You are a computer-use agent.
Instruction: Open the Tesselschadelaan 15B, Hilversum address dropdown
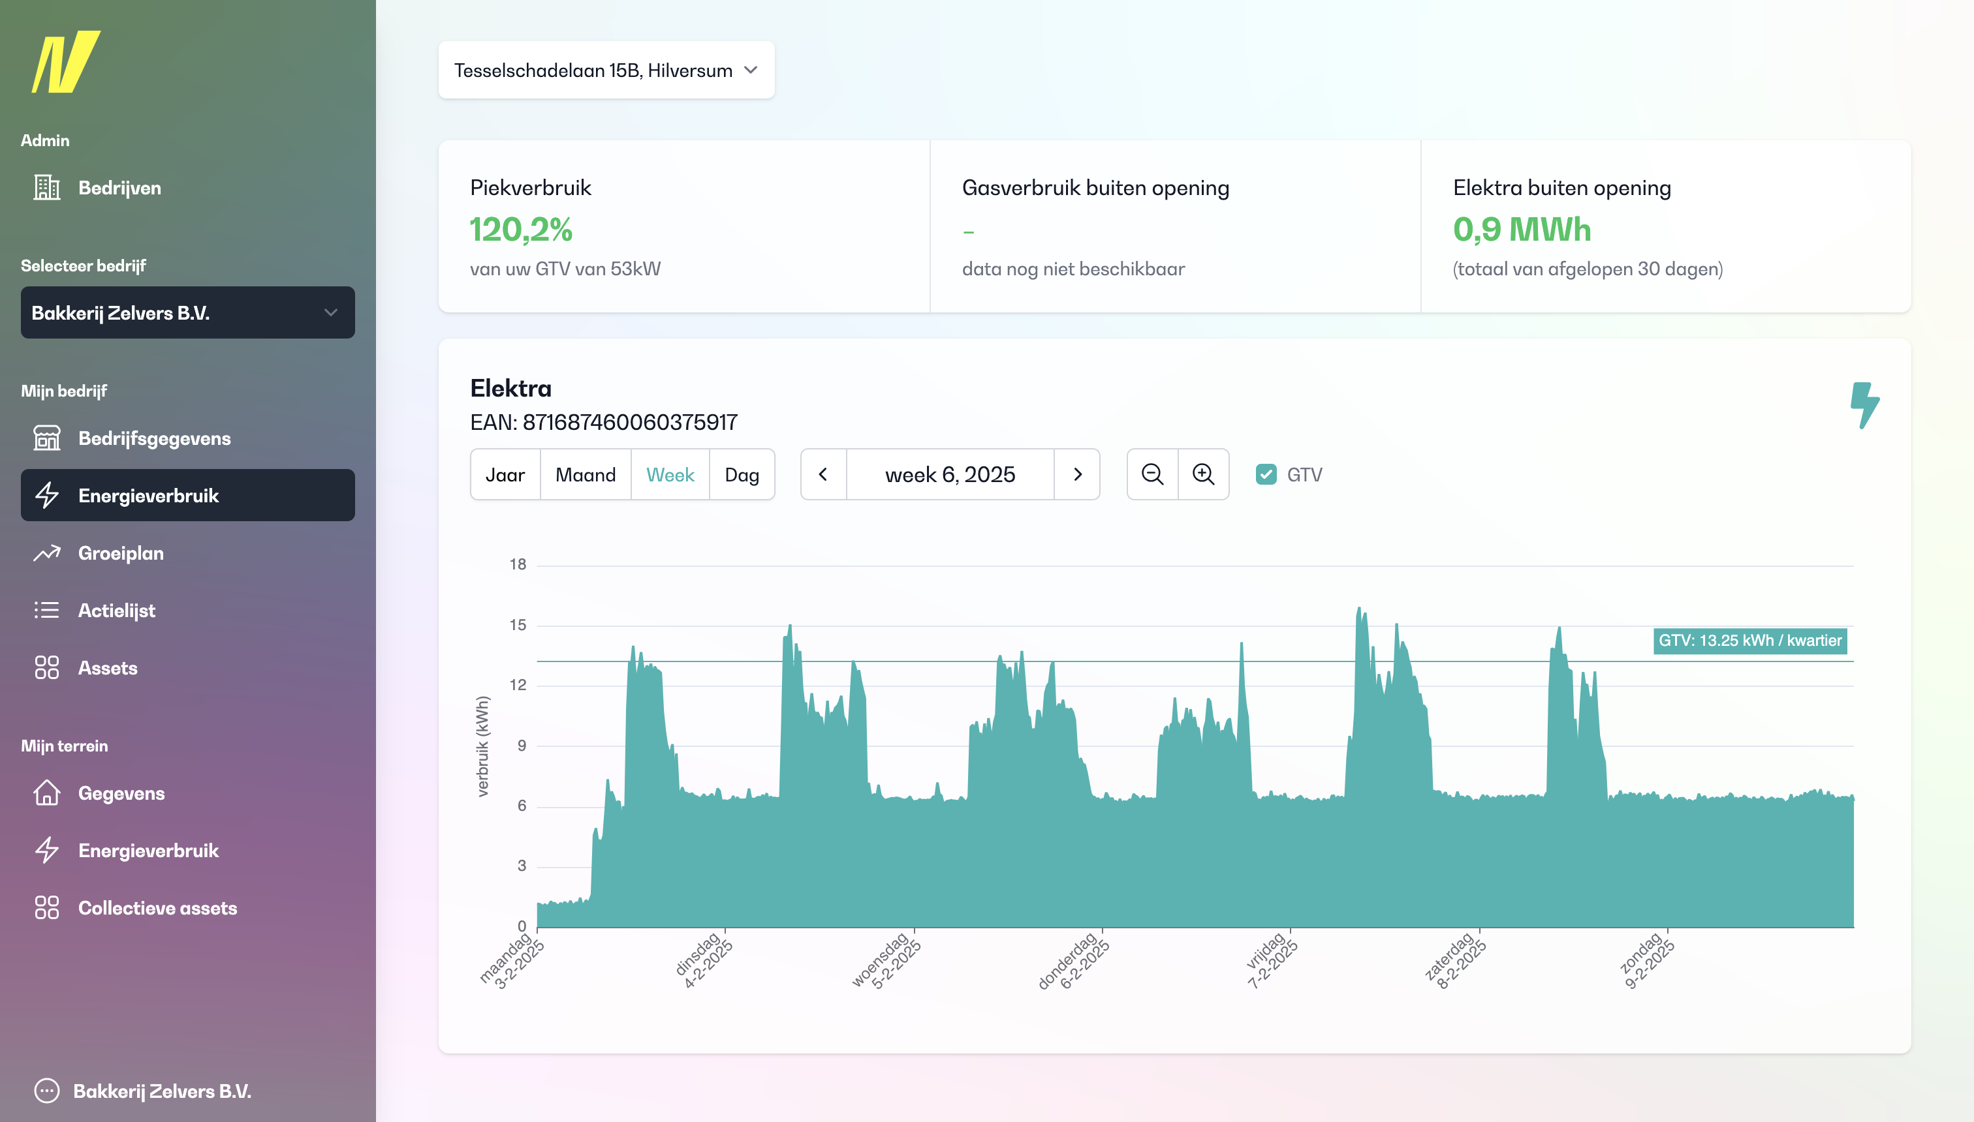[606, 70]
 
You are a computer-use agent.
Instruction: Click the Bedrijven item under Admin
[119, 188]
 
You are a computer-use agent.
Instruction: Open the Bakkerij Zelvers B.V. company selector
[187, 313]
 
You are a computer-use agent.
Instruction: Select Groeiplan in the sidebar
[120, 553]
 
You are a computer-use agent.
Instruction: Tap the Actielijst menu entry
[116, 611]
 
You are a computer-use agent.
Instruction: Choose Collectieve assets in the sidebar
[157, 908]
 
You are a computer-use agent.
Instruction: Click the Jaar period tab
[505, 475]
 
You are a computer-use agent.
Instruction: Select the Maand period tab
[586, 475]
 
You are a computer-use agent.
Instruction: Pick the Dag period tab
[741, 475]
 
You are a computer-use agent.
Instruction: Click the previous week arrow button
[822, 475]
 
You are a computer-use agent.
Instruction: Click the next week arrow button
[1077, 475]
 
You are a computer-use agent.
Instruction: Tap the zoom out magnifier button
[1152, 475]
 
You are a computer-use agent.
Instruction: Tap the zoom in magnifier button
[1203, 475]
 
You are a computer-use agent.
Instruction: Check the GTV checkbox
[1266, 475]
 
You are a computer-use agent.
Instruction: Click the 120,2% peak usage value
[522, 230]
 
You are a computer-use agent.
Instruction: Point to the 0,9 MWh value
[1522, 230]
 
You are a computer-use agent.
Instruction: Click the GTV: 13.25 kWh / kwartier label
[1749, 641]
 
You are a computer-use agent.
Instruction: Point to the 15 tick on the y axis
[518, 625]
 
